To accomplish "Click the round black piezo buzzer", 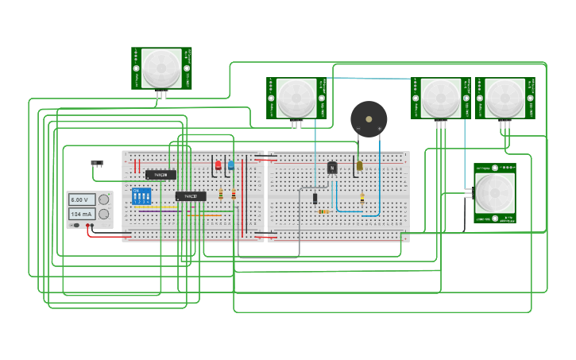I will click(x=369, y=118).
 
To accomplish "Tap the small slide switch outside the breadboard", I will click(x=97, y=164).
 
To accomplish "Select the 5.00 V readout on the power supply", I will click(x=82, y=199).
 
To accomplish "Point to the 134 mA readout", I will click(x=82, y=215).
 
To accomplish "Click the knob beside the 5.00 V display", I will click(x=103, y=199).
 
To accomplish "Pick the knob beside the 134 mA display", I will click(x=103, y=215).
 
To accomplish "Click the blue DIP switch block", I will click(x=141, y=196).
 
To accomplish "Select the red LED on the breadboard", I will click(x=218, y=165).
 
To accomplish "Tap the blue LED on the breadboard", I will click(x=231, y=165).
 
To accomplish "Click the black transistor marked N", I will click(x=332, y=167).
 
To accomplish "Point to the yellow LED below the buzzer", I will click(x=359, y=166).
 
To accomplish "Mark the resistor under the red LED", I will click(x=221, y=195).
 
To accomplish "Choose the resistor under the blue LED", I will click(x=234, y=195).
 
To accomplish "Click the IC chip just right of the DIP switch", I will click(x=191, y=195).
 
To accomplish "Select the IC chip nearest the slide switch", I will click(x=160, y=175).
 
